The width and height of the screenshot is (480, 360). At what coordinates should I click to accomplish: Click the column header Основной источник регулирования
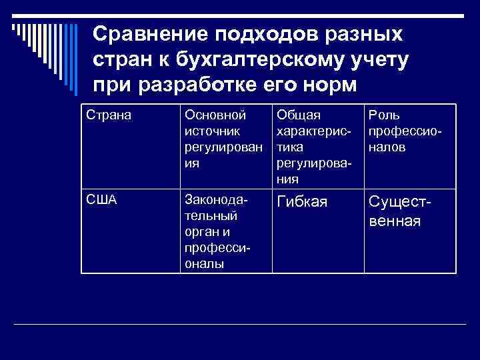coord(220,139)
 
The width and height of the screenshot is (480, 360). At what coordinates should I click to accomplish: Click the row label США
coord(101,199)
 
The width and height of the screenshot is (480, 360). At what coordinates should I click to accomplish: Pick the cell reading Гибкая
coord(302,202)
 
